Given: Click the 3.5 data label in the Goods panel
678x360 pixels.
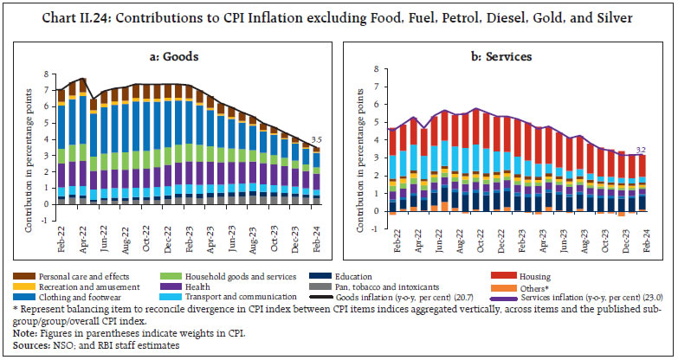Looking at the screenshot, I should point(317,139).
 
